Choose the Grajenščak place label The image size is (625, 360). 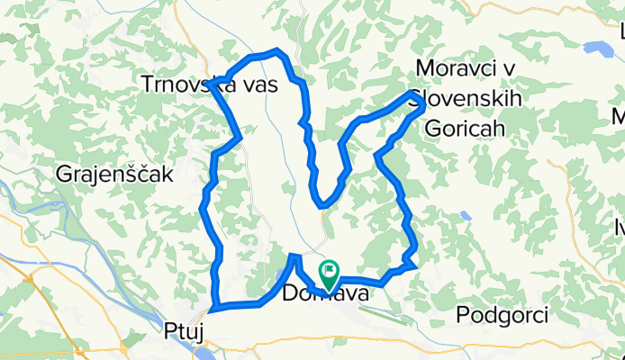(113, 175)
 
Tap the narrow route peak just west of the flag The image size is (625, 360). (294, 258)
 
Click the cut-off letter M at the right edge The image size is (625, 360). (619, 117)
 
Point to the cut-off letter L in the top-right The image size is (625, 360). (620, 34)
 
